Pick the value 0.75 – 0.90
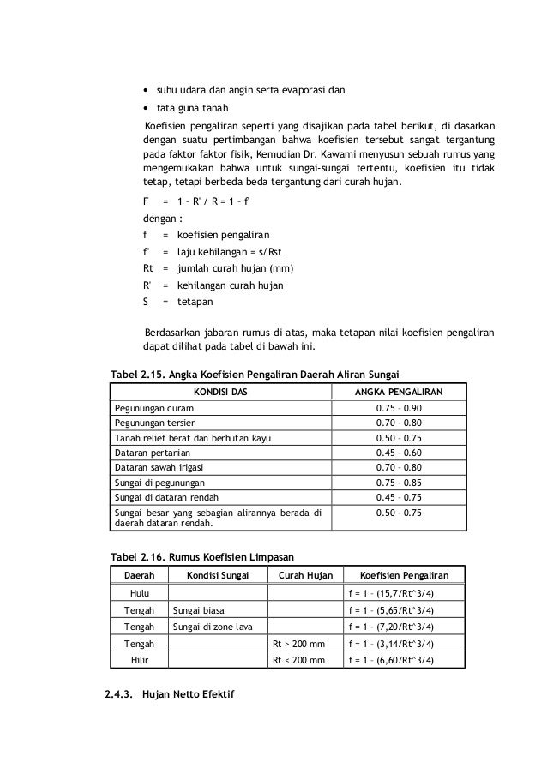(x=399, y=408)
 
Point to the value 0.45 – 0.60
(x=399, y=452)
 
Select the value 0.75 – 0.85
(x=399, y=482)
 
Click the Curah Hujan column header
(x=304, y=575)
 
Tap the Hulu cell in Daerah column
(x=139, y=593)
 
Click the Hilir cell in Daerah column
(x=139, y=660)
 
